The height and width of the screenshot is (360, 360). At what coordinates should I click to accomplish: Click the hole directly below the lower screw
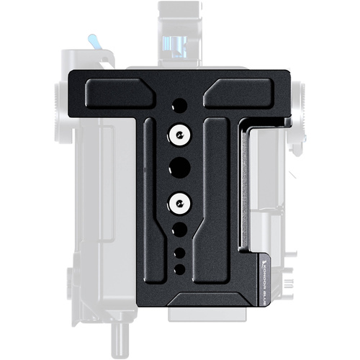point(177,230)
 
